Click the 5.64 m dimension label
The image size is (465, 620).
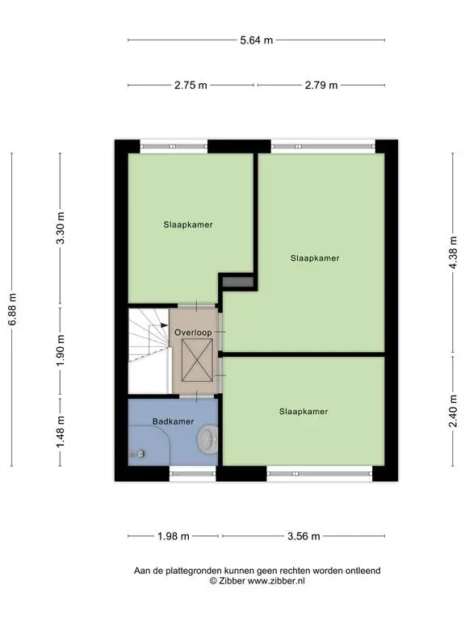(x=256, y=40)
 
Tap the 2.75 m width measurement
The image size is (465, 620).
(x=191, y=86)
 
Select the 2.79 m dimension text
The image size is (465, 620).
(x=321, y=86)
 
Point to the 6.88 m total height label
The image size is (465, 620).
(x=13, y=309)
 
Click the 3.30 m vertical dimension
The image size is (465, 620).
(x=61, y=228)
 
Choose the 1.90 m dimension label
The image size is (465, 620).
(x=61, y=350)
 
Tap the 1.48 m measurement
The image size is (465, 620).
(x=61, y=432)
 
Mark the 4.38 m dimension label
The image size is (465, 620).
(x=453, y=253)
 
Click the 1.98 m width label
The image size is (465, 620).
(x=174, y=537)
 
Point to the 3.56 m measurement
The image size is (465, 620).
(x=304, y=537)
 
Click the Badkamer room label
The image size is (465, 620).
(x=174, y=421)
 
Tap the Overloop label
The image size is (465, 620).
(x=194, y=333)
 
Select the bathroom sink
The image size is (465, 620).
(x=207, y=439)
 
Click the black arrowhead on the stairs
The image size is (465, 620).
(x=165, y=325)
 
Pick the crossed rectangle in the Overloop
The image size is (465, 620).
(x=197, y=361)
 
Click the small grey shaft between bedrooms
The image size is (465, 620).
(x=237, y=282)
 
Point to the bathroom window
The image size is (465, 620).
(x=193, y=473)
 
